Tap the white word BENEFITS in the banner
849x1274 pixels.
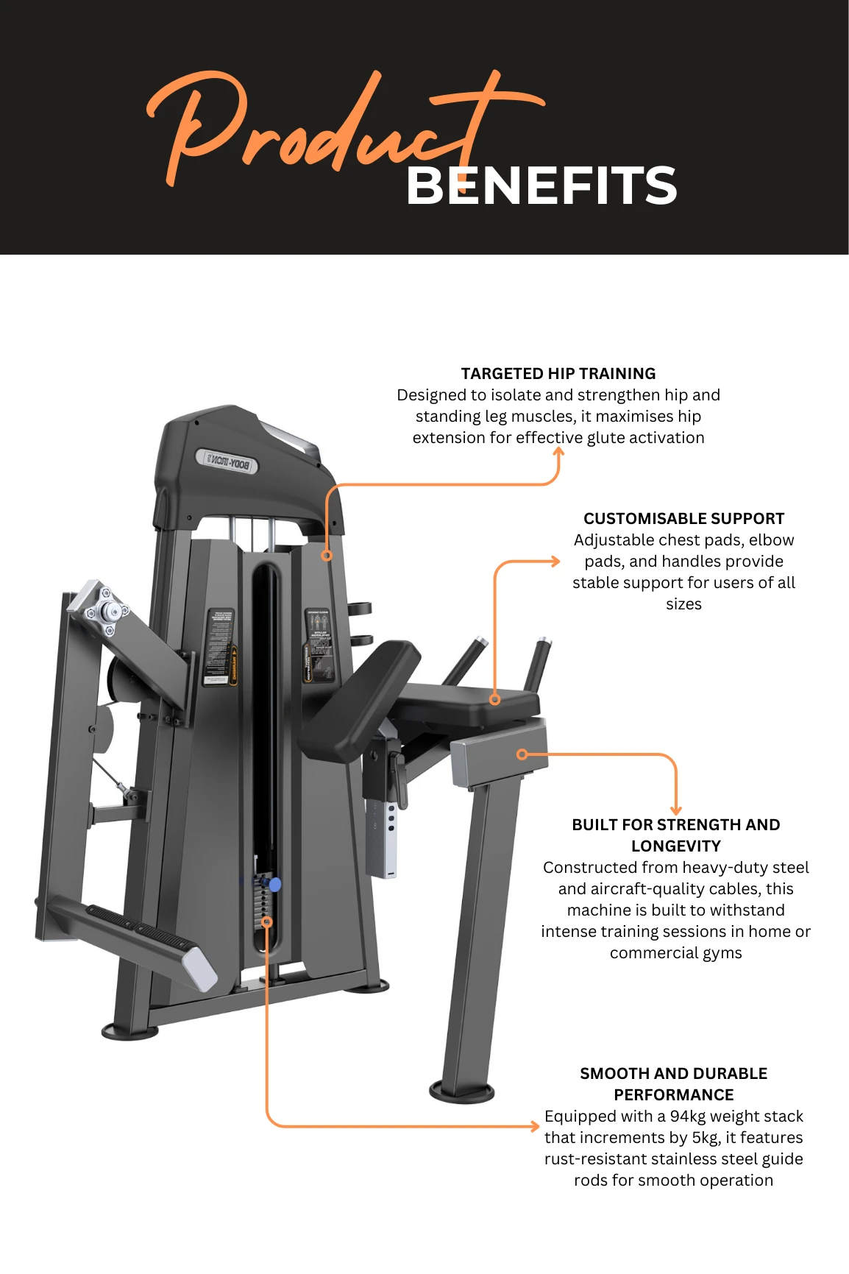click(x=541, y=185)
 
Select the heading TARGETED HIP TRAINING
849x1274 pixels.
click(x=558, y=373)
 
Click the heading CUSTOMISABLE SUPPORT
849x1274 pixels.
click(x=683, y=518)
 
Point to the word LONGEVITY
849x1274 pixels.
click(x=675, y=846)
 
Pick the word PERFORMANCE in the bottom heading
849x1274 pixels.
click(x=673, y=1094)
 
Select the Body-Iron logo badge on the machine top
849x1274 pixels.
click(x=227, y=461)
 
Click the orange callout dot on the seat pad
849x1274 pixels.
click(x=495, y=699)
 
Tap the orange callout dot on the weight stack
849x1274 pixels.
click(x=267, y=921)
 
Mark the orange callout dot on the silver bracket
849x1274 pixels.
click(x=522, y=754)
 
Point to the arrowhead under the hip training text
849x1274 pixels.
click(x=558, y=452)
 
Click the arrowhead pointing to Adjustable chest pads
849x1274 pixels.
click(x=555, y=562)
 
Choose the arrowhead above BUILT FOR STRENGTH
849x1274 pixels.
click(x=675, y=810)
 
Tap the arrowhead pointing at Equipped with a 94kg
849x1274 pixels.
click(x=535, y=1126)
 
